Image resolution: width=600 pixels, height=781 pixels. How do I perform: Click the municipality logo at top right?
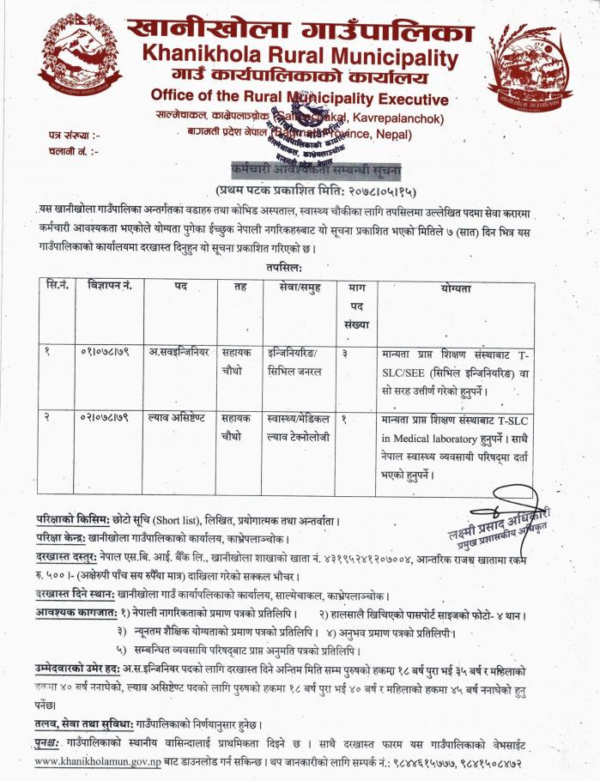(530, 65)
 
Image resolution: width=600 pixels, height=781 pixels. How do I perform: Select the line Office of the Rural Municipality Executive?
(298, 95)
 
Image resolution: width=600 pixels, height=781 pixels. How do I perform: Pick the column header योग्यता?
(456, 288)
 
